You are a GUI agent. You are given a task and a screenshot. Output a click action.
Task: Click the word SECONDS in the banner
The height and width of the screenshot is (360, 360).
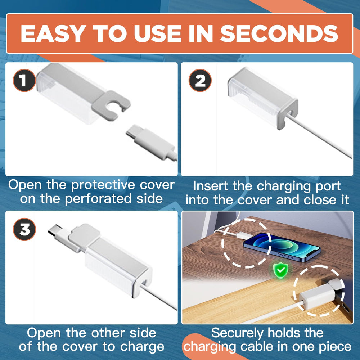(279, 33)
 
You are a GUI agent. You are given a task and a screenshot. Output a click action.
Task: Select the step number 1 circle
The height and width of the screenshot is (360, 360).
(24, 80)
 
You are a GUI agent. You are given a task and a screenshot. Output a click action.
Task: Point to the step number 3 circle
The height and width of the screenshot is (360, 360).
(24, 229)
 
